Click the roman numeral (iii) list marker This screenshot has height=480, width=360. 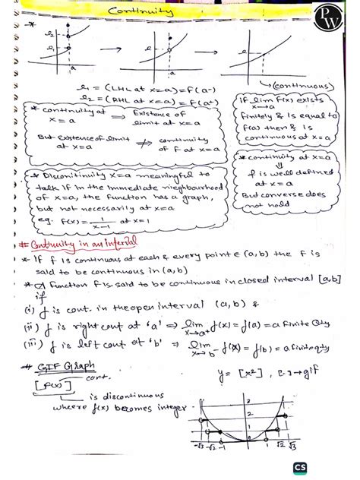click(x=31, y=344)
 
